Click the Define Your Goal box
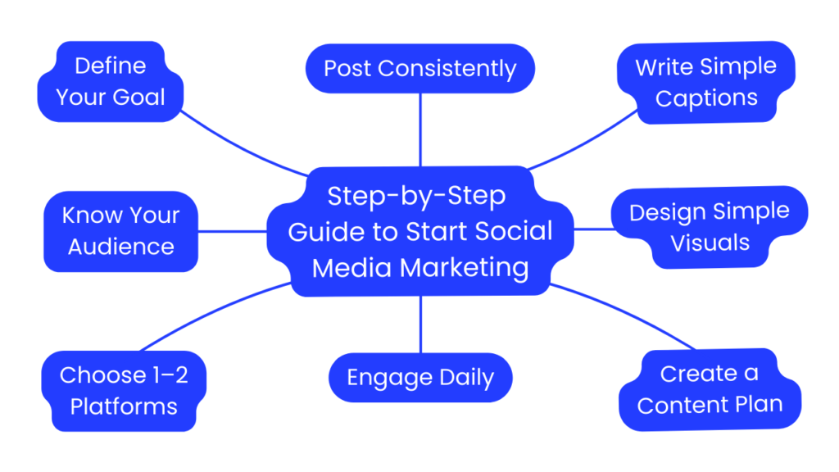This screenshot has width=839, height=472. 111,82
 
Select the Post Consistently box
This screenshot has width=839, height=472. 419,68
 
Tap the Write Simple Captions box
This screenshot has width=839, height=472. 705,82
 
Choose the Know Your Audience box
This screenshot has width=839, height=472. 120,231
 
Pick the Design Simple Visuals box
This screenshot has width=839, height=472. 710,227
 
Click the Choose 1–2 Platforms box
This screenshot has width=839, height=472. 124,391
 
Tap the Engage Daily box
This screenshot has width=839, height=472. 419,378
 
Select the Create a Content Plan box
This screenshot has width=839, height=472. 710,389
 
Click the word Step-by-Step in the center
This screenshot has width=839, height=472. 416,197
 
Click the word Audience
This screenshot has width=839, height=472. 120,247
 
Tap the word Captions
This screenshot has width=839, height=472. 706,98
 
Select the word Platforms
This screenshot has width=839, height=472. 124,406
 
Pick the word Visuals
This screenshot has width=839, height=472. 710,243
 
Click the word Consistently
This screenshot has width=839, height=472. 461,68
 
